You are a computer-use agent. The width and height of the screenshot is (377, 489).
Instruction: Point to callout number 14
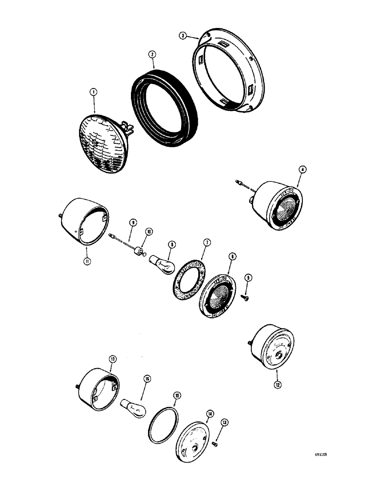click(x=209, y=414)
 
